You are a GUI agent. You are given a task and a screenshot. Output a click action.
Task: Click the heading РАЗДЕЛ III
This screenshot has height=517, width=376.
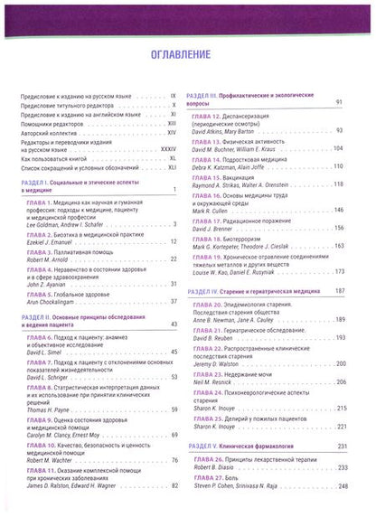coord(202,94)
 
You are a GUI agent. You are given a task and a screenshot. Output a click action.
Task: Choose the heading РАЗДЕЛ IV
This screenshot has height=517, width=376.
coord(203,292)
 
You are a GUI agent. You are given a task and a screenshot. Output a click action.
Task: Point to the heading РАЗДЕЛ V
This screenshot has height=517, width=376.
coord(202,446)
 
